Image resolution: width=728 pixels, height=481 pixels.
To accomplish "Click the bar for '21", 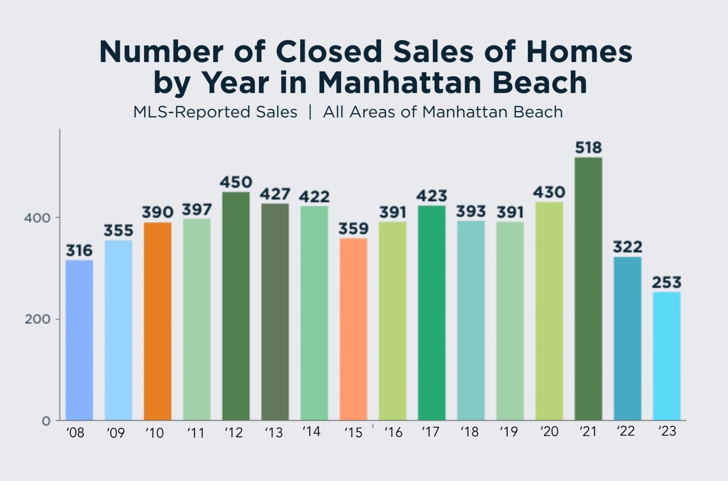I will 588,289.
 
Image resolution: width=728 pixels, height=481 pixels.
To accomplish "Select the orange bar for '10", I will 157,321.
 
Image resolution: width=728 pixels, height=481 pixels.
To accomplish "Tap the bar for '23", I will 667,356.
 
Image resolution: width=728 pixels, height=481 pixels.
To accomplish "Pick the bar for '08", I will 79,340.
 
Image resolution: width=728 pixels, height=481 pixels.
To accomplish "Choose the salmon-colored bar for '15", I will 353,329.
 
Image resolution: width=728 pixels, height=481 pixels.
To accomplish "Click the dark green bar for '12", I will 236,306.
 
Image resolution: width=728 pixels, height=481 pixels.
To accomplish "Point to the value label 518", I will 588,148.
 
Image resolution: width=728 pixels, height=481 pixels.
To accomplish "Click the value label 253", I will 667,282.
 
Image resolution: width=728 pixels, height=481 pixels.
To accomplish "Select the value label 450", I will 236,182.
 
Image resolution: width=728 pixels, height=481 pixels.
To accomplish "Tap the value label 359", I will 353,228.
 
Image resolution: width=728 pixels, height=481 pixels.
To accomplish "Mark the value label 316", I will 79,250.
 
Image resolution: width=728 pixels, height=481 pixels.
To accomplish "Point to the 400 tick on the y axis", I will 37,218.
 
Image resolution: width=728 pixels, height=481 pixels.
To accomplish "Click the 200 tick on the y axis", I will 37,319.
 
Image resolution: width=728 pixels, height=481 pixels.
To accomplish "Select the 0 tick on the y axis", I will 46,421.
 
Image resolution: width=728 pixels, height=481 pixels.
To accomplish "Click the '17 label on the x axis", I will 430,431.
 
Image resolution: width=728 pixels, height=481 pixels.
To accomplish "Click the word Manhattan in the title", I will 399,82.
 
